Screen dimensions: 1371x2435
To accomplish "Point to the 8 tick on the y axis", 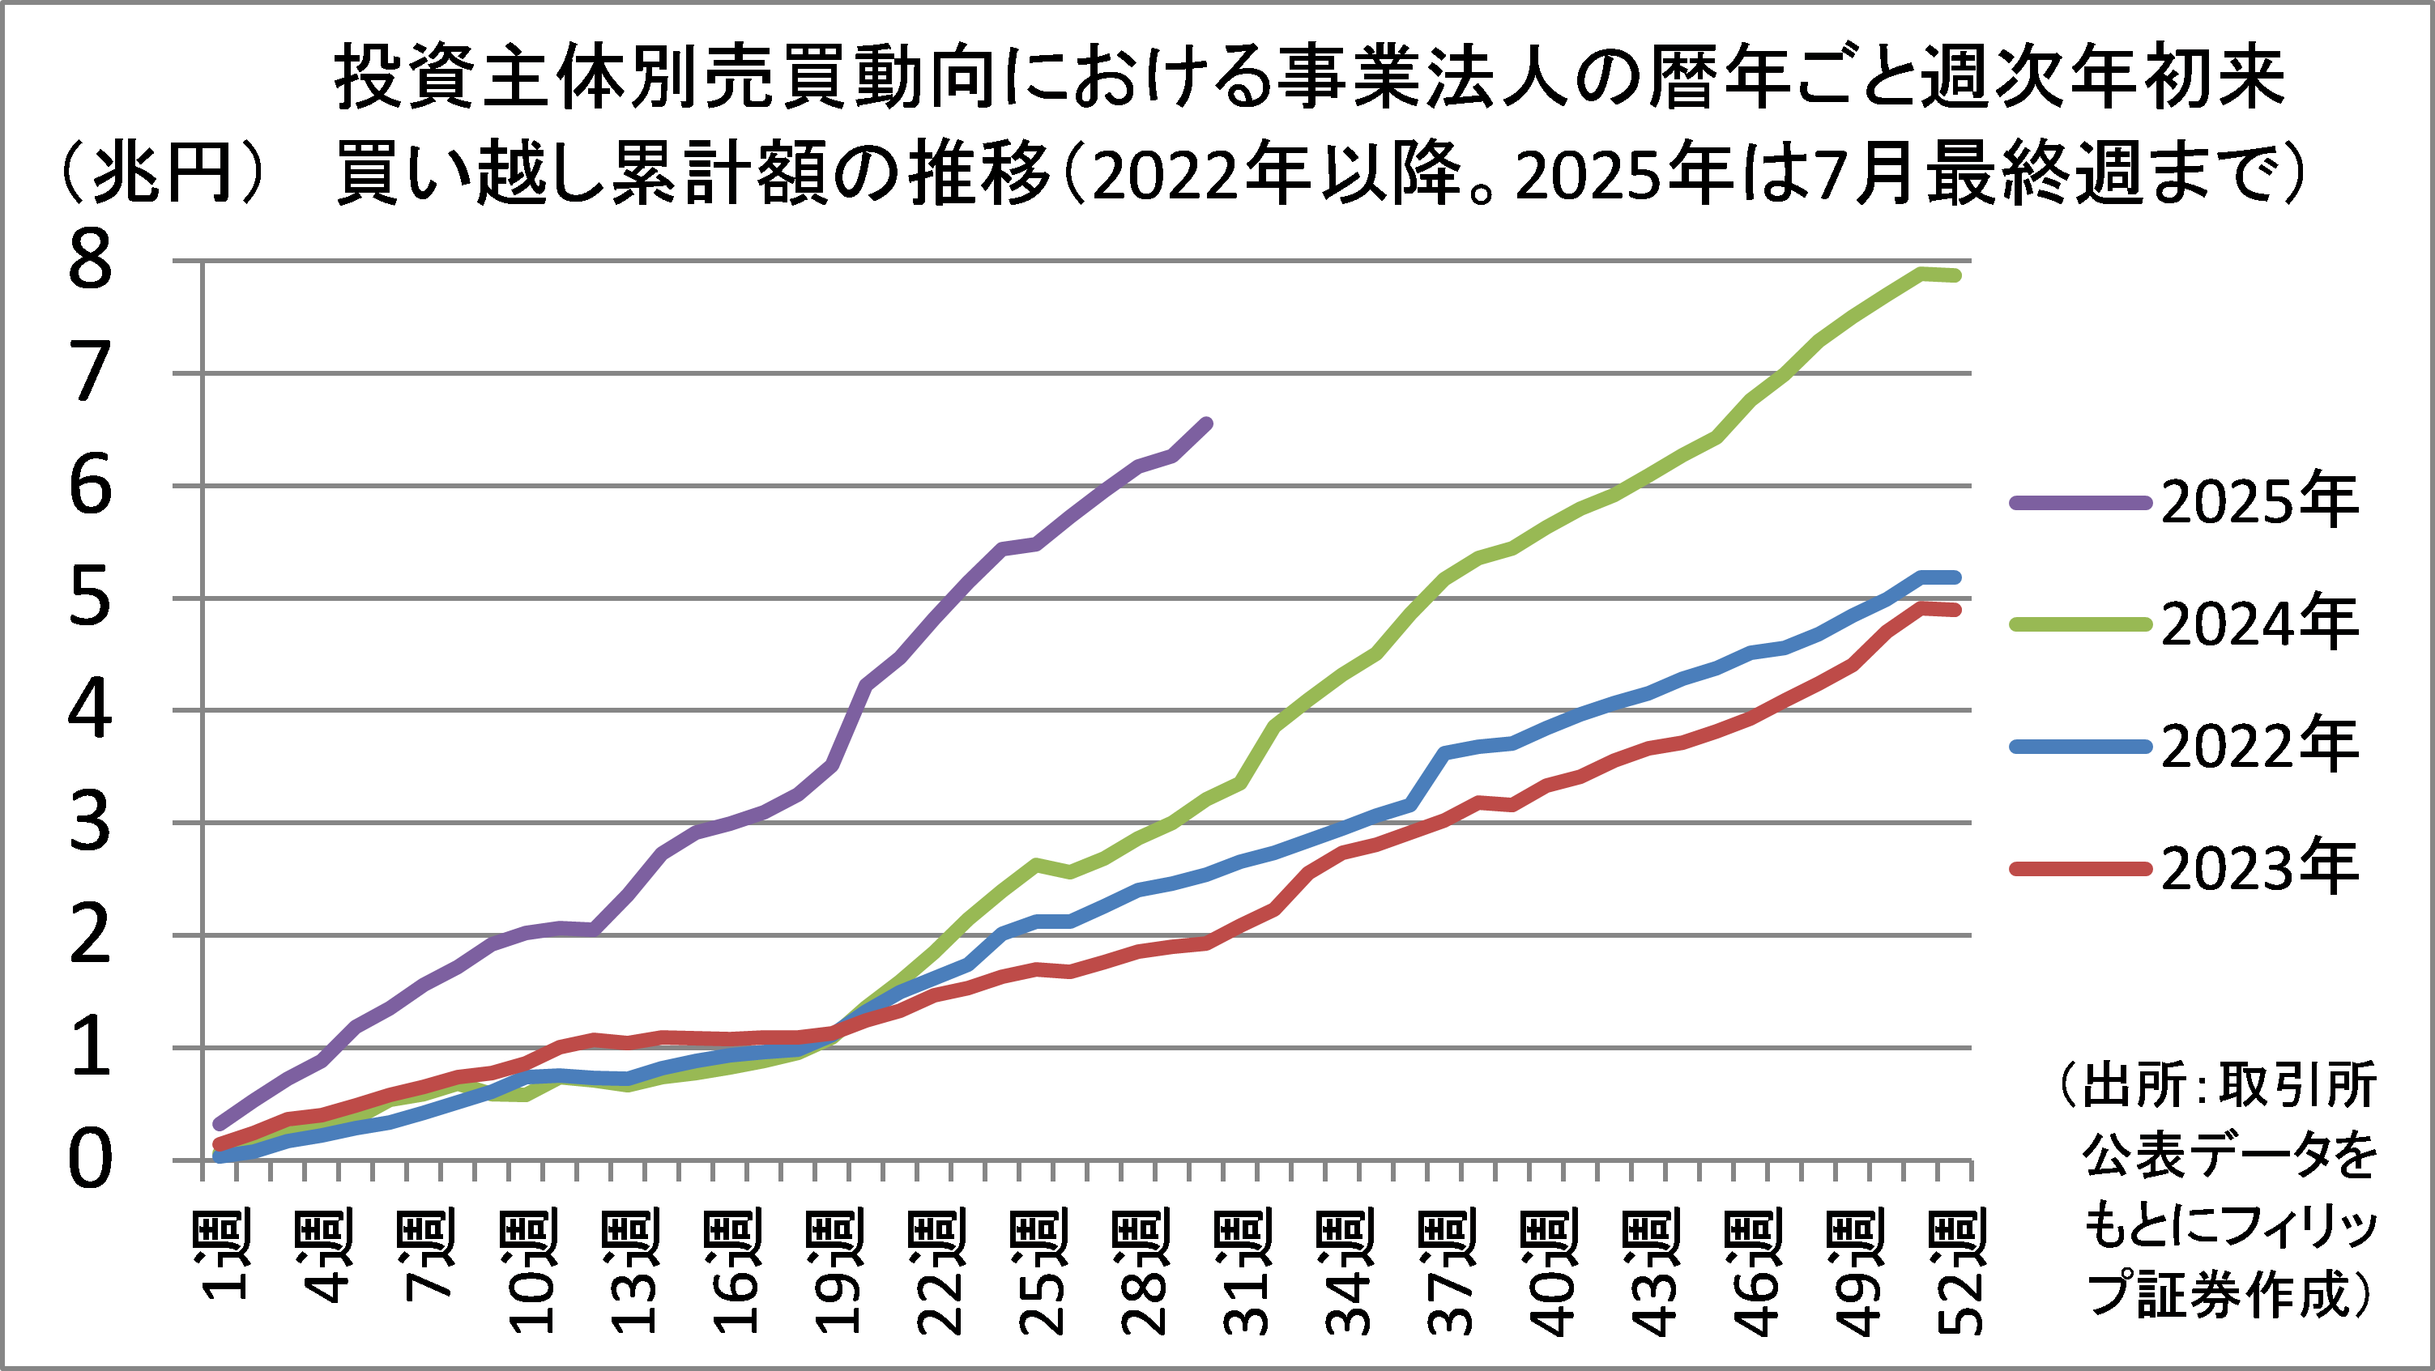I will (x=91, y=262).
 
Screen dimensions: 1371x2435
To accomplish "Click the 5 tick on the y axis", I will (x=91, y=599).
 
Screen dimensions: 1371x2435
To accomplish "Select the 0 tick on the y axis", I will (x=91, y=1161).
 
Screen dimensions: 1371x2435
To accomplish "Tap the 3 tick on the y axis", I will (x=91, y=824).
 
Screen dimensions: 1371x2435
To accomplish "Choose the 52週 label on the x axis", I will (x=1957, y=1271).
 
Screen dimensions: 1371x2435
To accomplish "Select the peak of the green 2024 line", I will (x=1921, y=273).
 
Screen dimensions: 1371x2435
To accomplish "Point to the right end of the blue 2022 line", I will (x=1955, y=577).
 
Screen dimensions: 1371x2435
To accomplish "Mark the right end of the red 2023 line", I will (x=1955, y=611).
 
